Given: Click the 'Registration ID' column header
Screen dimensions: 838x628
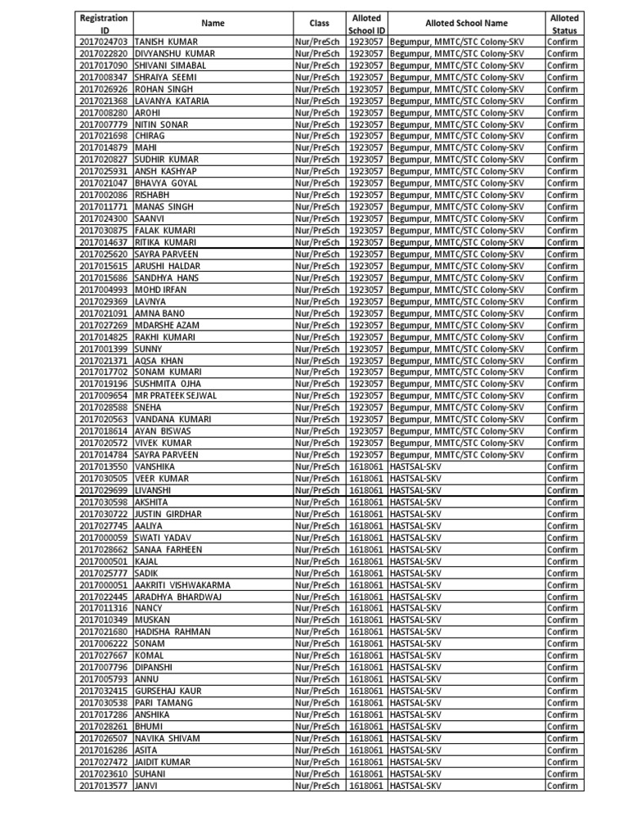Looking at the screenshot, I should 103,23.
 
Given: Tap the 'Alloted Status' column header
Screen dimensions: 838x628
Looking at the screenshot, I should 563,23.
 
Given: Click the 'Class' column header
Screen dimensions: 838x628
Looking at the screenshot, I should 319,24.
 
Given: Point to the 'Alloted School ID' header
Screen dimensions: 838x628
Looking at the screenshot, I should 366,23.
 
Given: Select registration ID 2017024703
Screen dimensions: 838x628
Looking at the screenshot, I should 103,42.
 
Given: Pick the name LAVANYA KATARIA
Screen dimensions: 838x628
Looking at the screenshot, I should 172,101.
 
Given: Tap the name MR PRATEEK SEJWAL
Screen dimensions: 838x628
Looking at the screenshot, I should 176,396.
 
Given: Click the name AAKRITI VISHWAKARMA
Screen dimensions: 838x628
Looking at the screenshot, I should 182,585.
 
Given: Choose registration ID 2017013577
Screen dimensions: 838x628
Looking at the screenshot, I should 103,786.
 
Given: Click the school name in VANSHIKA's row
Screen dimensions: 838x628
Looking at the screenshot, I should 415,466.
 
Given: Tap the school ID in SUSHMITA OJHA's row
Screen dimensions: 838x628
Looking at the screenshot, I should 366,384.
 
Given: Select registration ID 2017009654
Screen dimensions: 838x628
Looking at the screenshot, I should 103,396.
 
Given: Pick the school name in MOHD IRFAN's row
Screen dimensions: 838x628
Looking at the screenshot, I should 456,290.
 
